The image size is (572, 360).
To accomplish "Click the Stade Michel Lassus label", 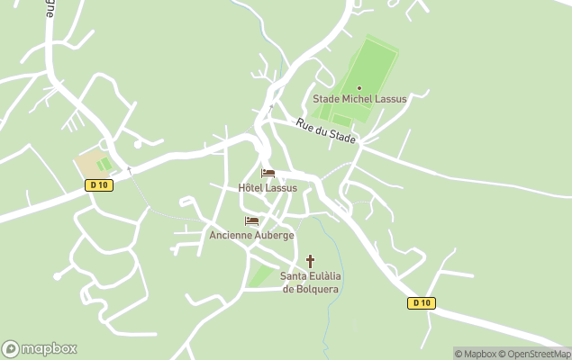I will point(359,99).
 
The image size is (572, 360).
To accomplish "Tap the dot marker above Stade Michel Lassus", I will point(359,87).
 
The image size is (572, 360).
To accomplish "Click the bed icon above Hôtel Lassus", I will point(268,173).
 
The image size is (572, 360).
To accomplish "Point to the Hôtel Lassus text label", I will point(268,187).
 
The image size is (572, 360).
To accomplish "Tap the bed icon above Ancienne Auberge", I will point(251,220).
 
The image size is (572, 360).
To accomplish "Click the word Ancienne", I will point(230,235).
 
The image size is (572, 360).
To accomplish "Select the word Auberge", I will point(274,235).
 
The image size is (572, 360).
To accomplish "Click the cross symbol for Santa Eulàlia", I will point(312,261).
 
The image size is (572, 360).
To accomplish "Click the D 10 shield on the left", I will point(99,185).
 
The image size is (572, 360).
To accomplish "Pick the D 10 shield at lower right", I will point(422,303).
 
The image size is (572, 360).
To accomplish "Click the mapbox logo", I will point(40,349).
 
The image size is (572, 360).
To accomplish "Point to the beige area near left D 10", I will point(90,164).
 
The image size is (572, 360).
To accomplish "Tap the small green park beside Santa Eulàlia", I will point(262,274).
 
